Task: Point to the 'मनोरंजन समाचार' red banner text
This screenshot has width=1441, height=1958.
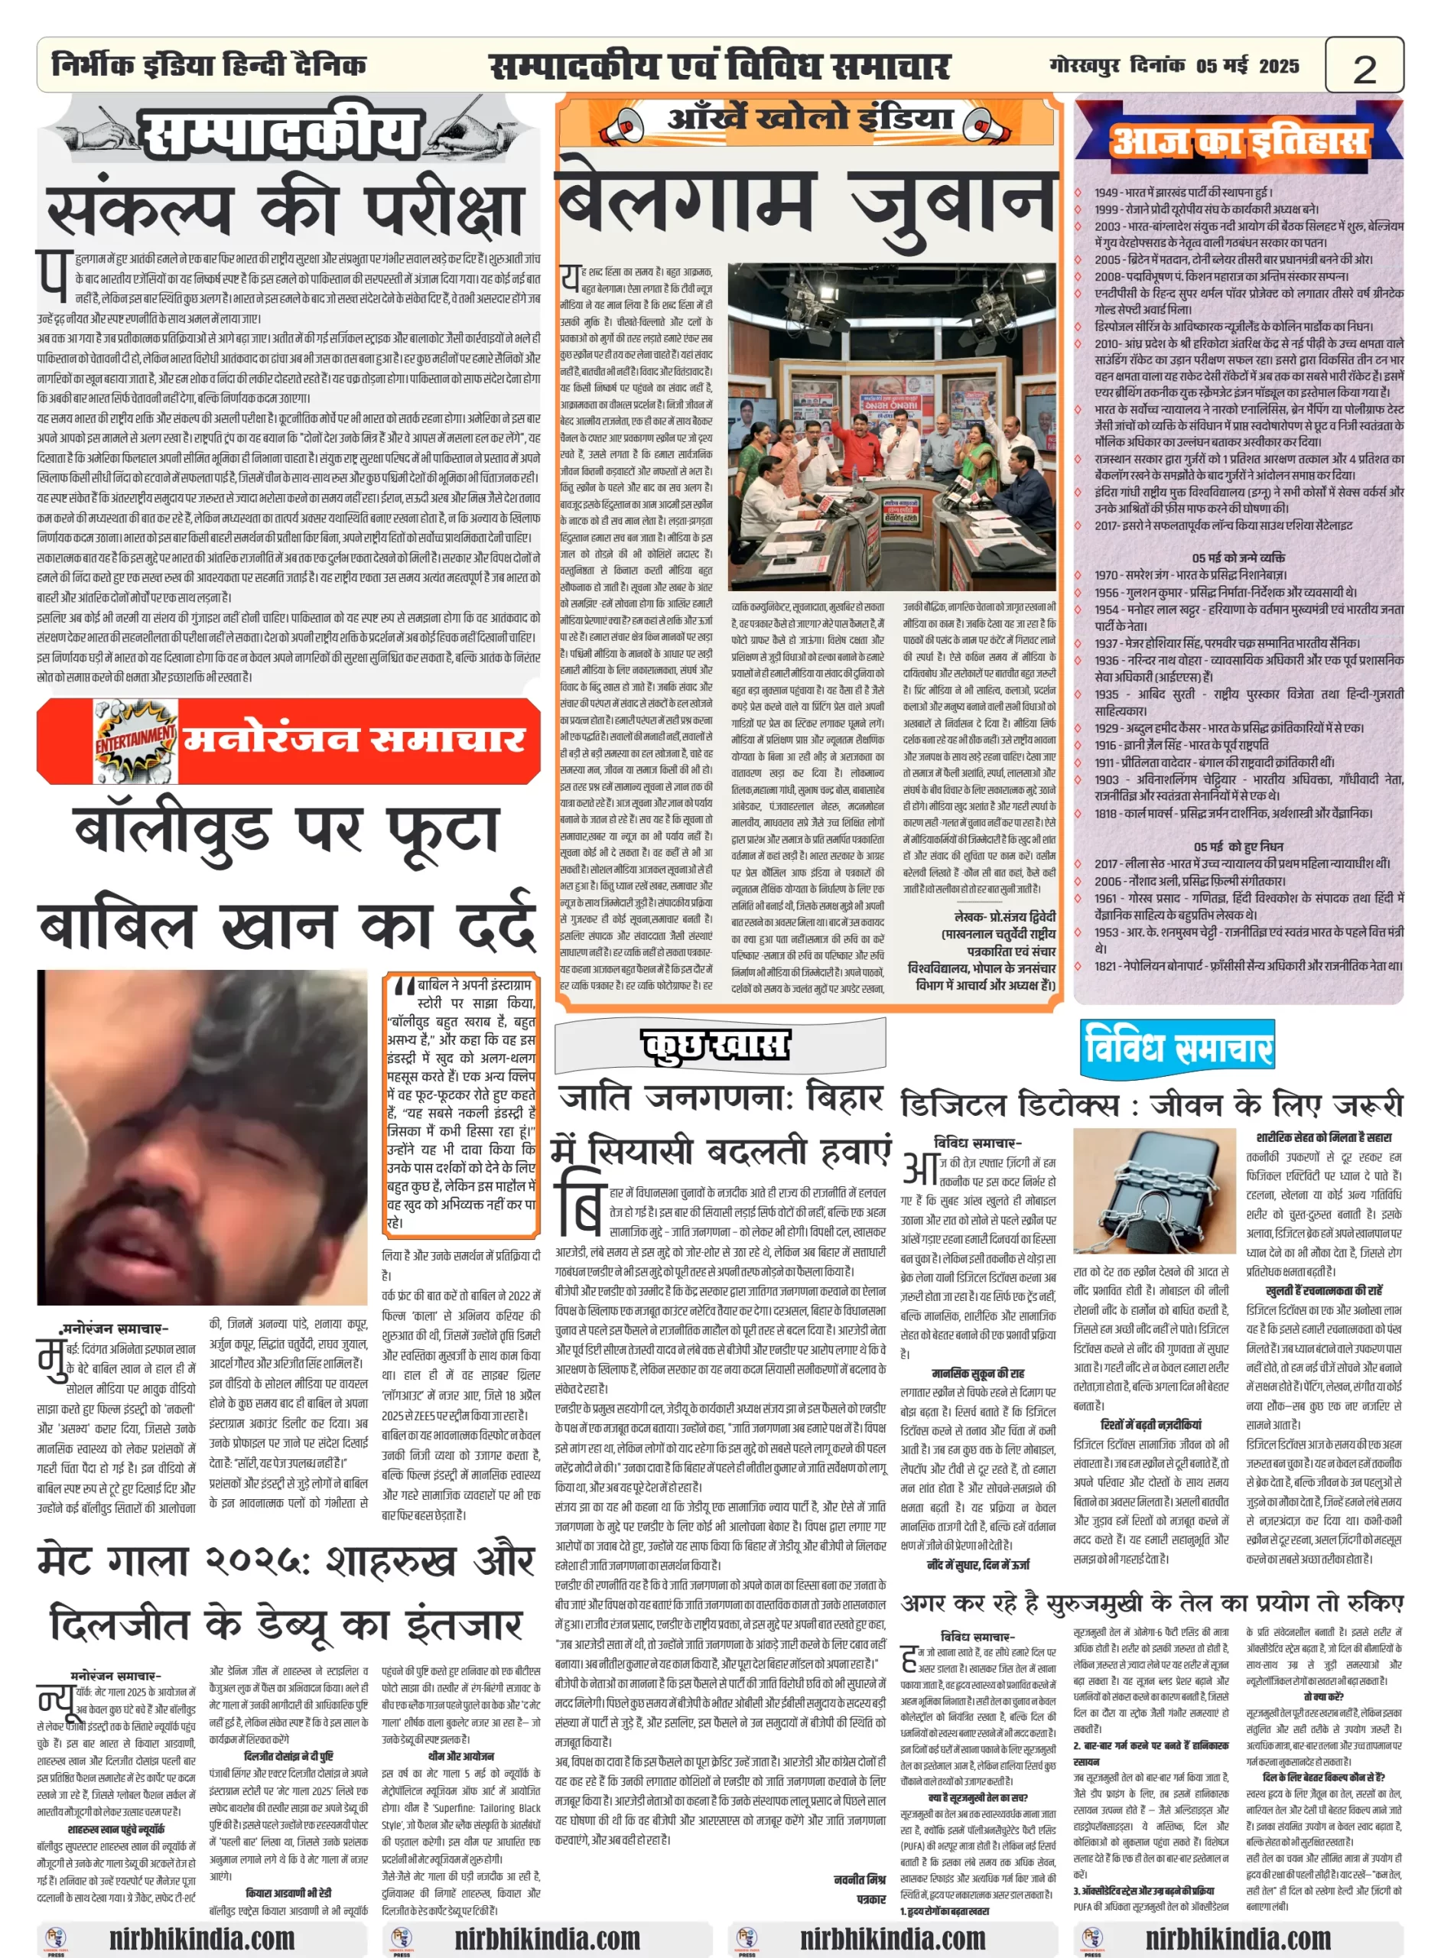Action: (353, 740)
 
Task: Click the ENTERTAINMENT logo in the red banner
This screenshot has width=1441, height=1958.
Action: (135, 740)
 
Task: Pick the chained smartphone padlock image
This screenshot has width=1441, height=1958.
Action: (1154, 1192)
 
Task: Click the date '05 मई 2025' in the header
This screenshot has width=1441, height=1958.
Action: (1247, 67)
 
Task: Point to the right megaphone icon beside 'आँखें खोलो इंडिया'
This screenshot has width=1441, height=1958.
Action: (982, 125)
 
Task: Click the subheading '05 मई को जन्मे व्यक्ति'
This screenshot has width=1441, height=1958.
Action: (1238, 558)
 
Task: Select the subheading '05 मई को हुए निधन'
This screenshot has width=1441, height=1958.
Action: (1238, 846)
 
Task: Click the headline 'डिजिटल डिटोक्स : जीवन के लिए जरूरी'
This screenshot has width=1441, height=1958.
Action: (1151, 1105)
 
